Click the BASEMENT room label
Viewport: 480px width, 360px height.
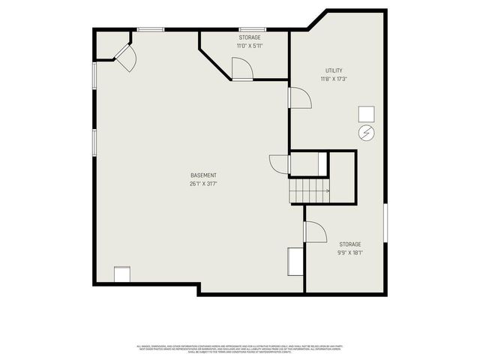coord(203,175)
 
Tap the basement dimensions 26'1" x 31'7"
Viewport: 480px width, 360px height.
coord(203,184)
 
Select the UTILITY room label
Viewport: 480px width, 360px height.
coord(334,70)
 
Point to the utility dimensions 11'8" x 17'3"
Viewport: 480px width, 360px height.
coord(334,79)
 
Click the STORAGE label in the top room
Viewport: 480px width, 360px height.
coord(250,37)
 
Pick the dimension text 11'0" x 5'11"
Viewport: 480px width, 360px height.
coord(250,46)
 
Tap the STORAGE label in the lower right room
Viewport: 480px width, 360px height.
coord(350,244)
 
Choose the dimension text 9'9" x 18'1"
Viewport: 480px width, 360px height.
coord(350,253)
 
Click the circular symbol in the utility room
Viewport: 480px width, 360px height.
coord(366,133)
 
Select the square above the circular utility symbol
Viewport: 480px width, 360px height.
coord(366,113)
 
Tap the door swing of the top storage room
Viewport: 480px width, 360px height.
coord(242,69)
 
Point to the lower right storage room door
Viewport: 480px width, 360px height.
coord(315,232)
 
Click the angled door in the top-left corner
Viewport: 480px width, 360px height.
coord(124,56)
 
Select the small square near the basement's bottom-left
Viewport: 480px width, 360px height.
coord(121,274)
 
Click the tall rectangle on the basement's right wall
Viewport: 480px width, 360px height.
coord(294,262)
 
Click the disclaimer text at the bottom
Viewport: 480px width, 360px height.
coord(239,349)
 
